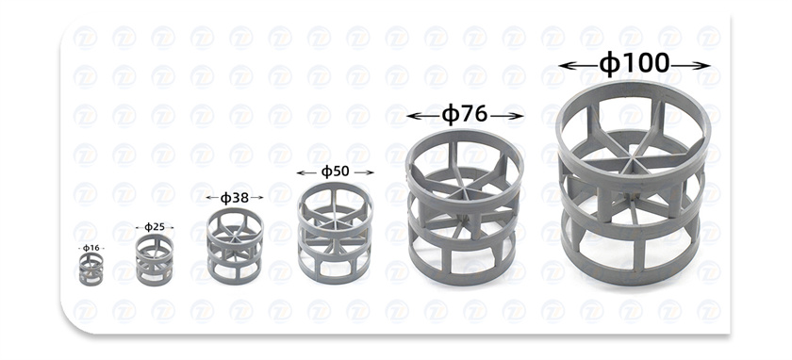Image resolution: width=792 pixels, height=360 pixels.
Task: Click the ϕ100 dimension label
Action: (634, 64)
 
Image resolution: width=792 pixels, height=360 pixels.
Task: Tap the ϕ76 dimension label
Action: (465, 115)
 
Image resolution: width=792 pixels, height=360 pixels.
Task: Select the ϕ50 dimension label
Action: (335, 172)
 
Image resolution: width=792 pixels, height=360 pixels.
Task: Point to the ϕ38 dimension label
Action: (235, 197)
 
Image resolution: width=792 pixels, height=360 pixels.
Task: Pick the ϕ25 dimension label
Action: (155, 227)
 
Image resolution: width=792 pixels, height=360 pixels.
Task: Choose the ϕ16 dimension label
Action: (91, 248)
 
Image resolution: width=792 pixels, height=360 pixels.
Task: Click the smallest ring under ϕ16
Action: (91, 270)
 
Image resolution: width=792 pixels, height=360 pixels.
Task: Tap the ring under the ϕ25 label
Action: (155, 260)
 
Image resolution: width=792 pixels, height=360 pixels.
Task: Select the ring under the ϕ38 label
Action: (235, 246)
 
